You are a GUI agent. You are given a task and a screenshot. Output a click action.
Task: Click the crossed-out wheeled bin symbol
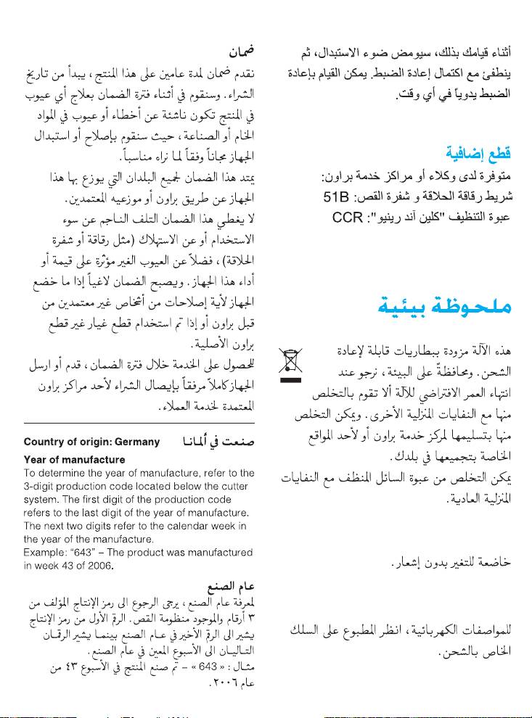[x=291, y=360]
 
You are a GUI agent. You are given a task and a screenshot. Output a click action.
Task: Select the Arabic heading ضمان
[x=241, y=53]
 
